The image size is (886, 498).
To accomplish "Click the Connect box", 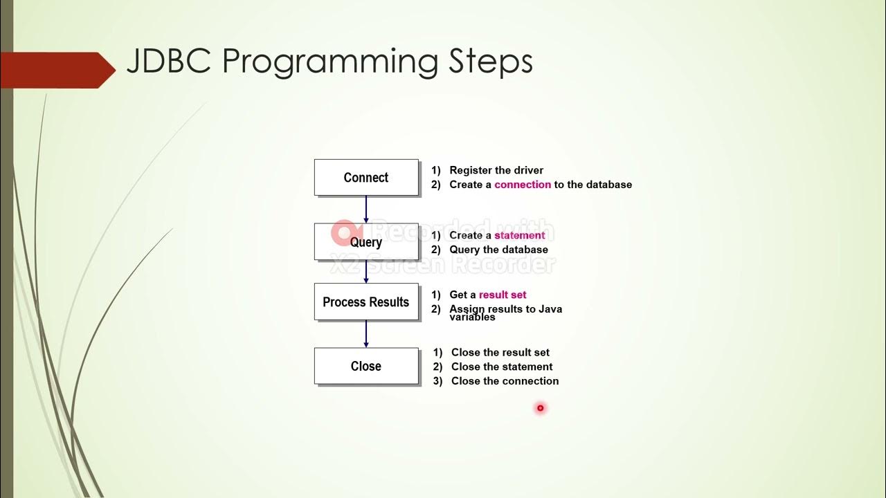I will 366,178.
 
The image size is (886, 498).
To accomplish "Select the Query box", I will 366,242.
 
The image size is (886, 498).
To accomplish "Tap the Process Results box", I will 366,302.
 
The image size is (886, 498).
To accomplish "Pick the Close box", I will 366,367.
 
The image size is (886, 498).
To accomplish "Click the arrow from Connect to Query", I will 366,209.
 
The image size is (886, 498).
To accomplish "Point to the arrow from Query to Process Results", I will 366,271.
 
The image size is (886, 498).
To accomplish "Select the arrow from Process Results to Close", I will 366,334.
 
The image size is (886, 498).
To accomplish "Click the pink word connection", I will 523,185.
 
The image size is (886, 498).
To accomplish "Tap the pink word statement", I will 519,235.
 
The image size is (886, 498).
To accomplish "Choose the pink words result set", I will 503,295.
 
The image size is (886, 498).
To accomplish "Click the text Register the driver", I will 496,170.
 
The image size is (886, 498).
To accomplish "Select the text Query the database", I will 498,250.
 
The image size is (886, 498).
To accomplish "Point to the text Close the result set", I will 500,352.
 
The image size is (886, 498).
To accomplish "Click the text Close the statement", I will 502,367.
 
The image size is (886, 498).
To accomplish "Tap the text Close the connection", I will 505,381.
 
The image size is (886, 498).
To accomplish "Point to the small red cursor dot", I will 541,408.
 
